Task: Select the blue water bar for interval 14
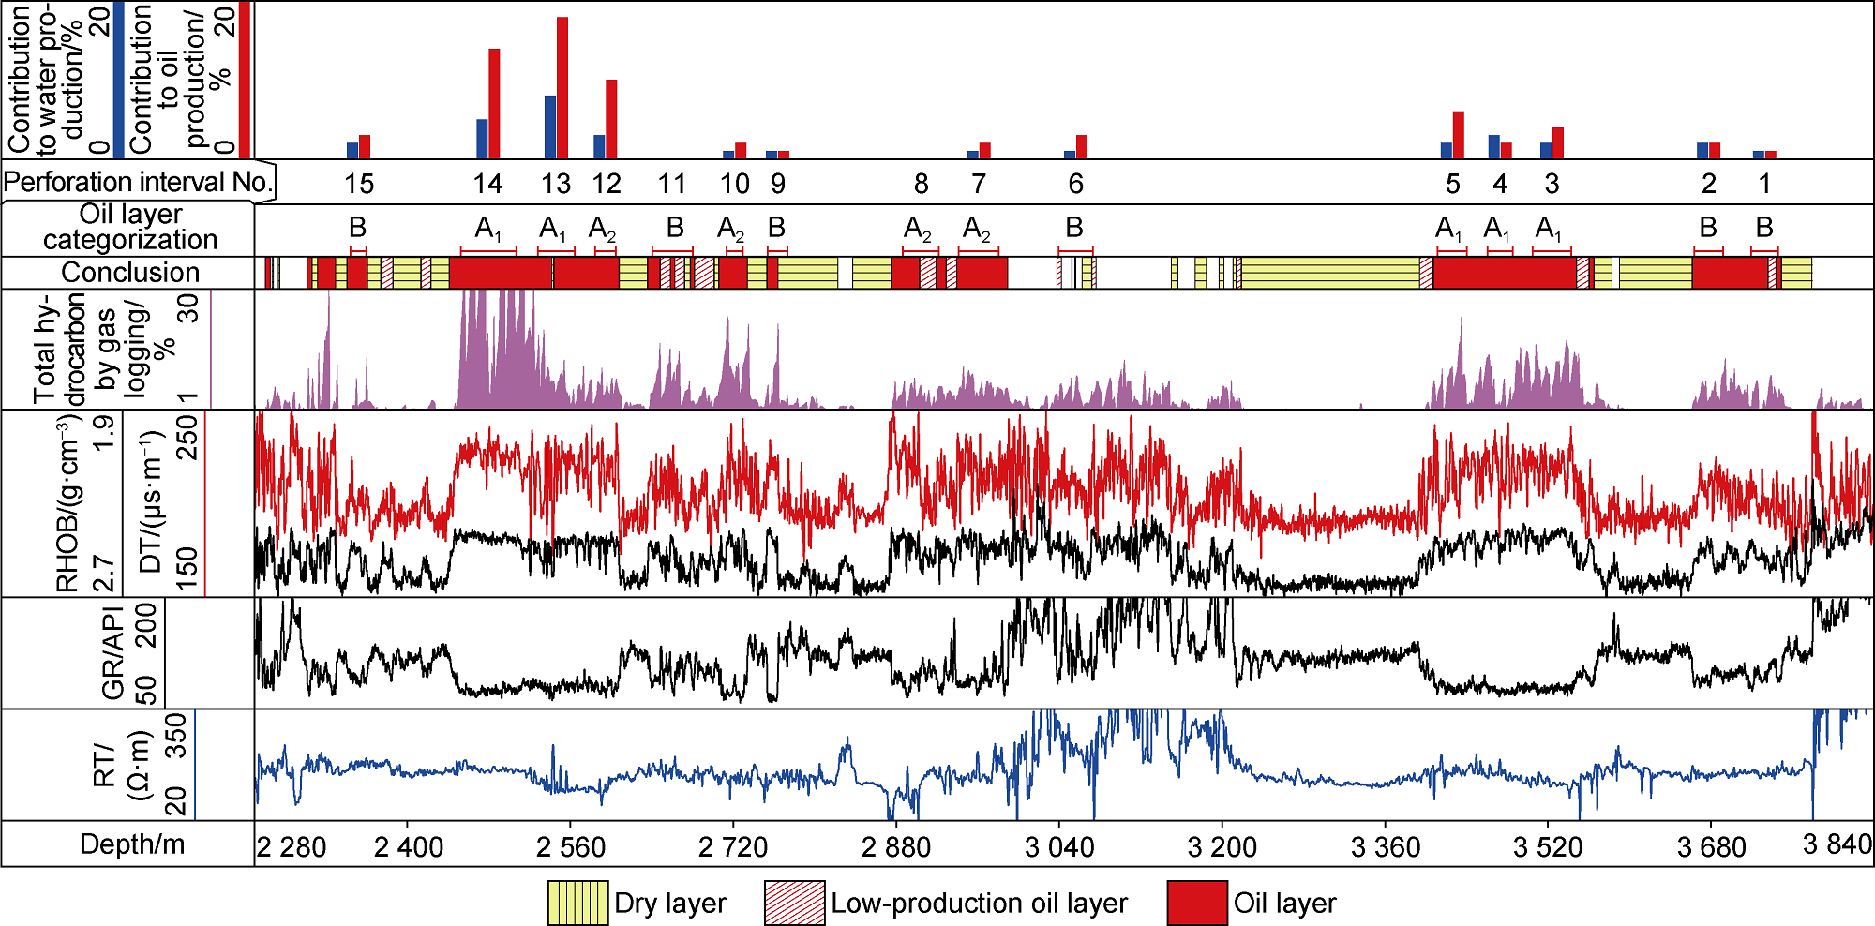(x=482, y=139)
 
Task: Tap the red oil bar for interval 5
(x=1458, y=135)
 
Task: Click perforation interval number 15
(x=359, y=184)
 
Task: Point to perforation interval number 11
(x=671, y=184)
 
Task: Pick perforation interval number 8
(x=921, y=184)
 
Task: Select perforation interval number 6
(x=1075, y=184)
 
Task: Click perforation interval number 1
(x=1764, y=184)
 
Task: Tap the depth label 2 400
(x=409, y=847)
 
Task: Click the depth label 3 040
(x=1059, y=847)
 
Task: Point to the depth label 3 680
(x=1711, y=847)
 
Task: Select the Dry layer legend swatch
(x=577, y=903)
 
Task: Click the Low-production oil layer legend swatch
(x=794, y=903)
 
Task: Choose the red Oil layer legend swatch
(x=1197, y=903)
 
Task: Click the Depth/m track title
(x=132, y=844)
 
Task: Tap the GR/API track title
(x=114, y=653)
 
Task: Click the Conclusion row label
(x=130, y=273)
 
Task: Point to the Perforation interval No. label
(x=138, y=182)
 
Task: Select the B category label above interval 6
(x=1074, y=228)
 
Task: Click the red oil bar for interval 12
(x=611, y=119)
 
